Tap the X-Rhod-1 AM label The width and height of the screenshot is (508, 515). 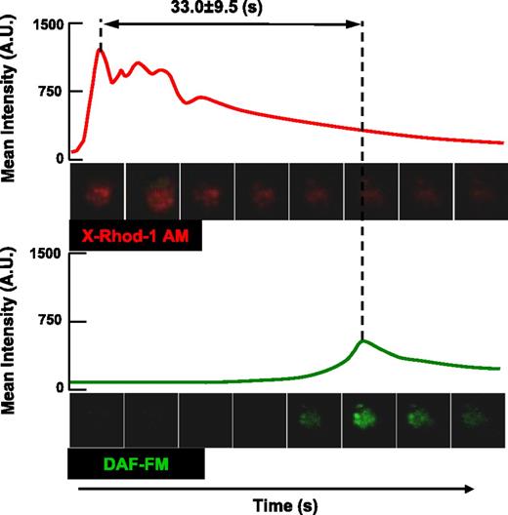[136, 237]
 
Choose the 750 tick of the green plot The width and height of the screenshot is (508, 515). [50, 321]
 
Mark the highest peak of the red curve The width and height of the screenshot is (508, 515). [101, 50]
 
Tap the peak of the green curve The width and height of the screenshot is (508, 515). [362, 340]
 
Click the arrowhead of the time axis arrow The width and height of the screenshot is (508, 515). [472, 489]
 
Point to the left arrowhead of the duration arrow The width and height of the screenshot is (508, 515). [107, 22]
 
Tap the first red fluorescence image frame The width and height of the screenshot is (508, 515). [97, 192]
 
